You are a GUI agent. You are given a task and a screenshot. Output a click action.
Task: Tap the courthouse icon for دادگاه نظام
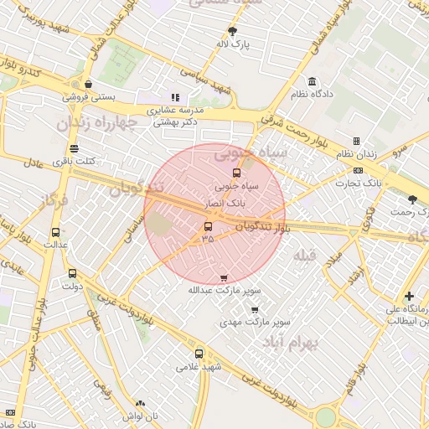313,81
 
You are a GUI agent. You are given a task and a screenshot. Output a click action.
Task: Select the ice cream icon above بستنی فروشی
88,84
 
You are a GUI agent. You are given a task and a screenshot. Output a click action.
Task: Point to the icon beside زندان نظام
356,142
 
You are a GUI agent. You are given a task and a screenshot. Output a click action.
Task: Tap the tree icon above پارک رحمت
411,199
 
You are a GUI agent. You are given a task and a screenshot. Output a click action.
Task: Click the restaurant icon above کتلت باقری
75,147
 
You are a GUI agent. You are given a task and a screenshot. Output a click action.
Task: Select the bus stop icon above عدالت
55,232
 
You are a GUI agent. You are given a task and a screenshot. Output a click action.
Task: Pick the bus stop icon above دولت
71,272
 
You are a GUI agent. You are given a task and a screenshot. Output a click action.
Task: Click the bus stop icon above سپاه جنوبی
235,173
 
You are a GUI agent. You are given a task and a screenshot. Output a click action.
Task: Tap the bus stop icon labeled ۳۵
208,226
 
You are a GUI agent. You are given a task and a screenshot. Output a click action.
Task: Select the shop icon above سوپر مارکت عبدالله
223,278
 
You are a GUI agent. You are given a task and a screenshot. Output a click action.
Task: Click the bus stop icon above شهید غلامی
199,353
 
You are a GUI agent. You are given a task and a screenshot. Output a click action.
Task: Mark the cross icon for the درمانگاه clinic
408,296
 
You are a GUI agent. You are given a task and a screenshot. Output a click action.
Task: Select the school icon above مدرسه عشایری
175,97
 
